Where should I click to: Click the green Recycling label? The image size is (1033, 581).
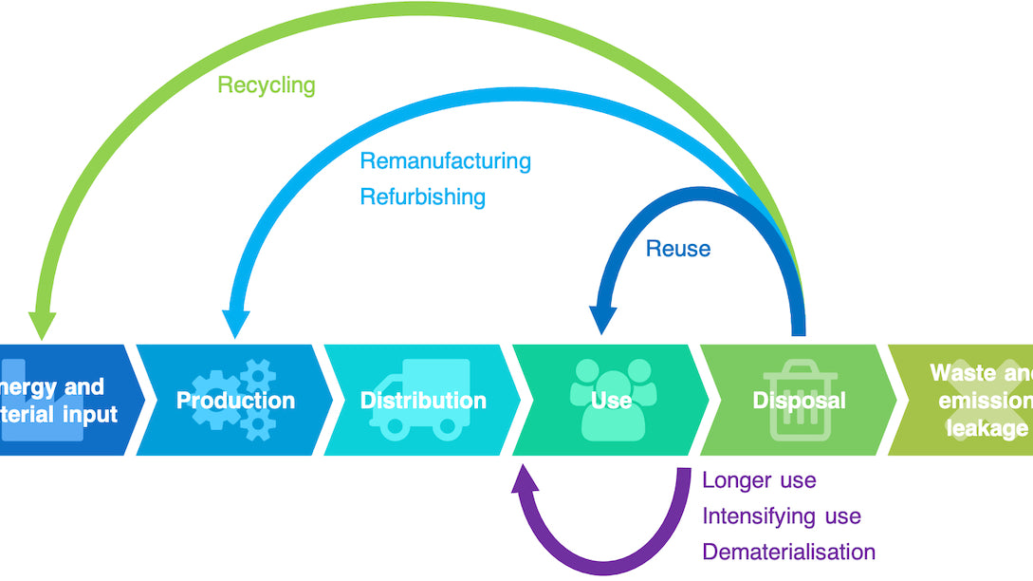click(x=266, y=84)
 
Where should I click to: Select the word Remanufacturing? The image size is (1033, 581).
click(x=445, y=160)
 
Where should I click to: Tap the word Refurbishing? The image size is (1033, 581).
click(x=422, y=197)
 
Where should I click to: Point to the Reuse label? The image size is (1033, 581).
click(x=677, y=249)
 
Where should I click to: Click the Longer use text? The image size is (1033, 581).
click(x=759, y=480)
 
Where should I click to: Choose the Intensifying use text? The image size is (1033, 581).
click(x=781, y=516)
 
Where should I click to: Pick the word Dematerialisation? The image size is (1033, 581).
click(x=788, y=552)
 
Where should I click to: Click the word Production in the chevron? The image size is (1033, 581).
click(x=235, y=401)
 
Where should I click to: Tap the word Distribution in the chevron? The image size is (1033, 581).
click(x=423, y=401)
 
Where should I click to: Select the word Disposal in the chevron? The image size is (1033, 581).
click(x=798, y=401)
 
